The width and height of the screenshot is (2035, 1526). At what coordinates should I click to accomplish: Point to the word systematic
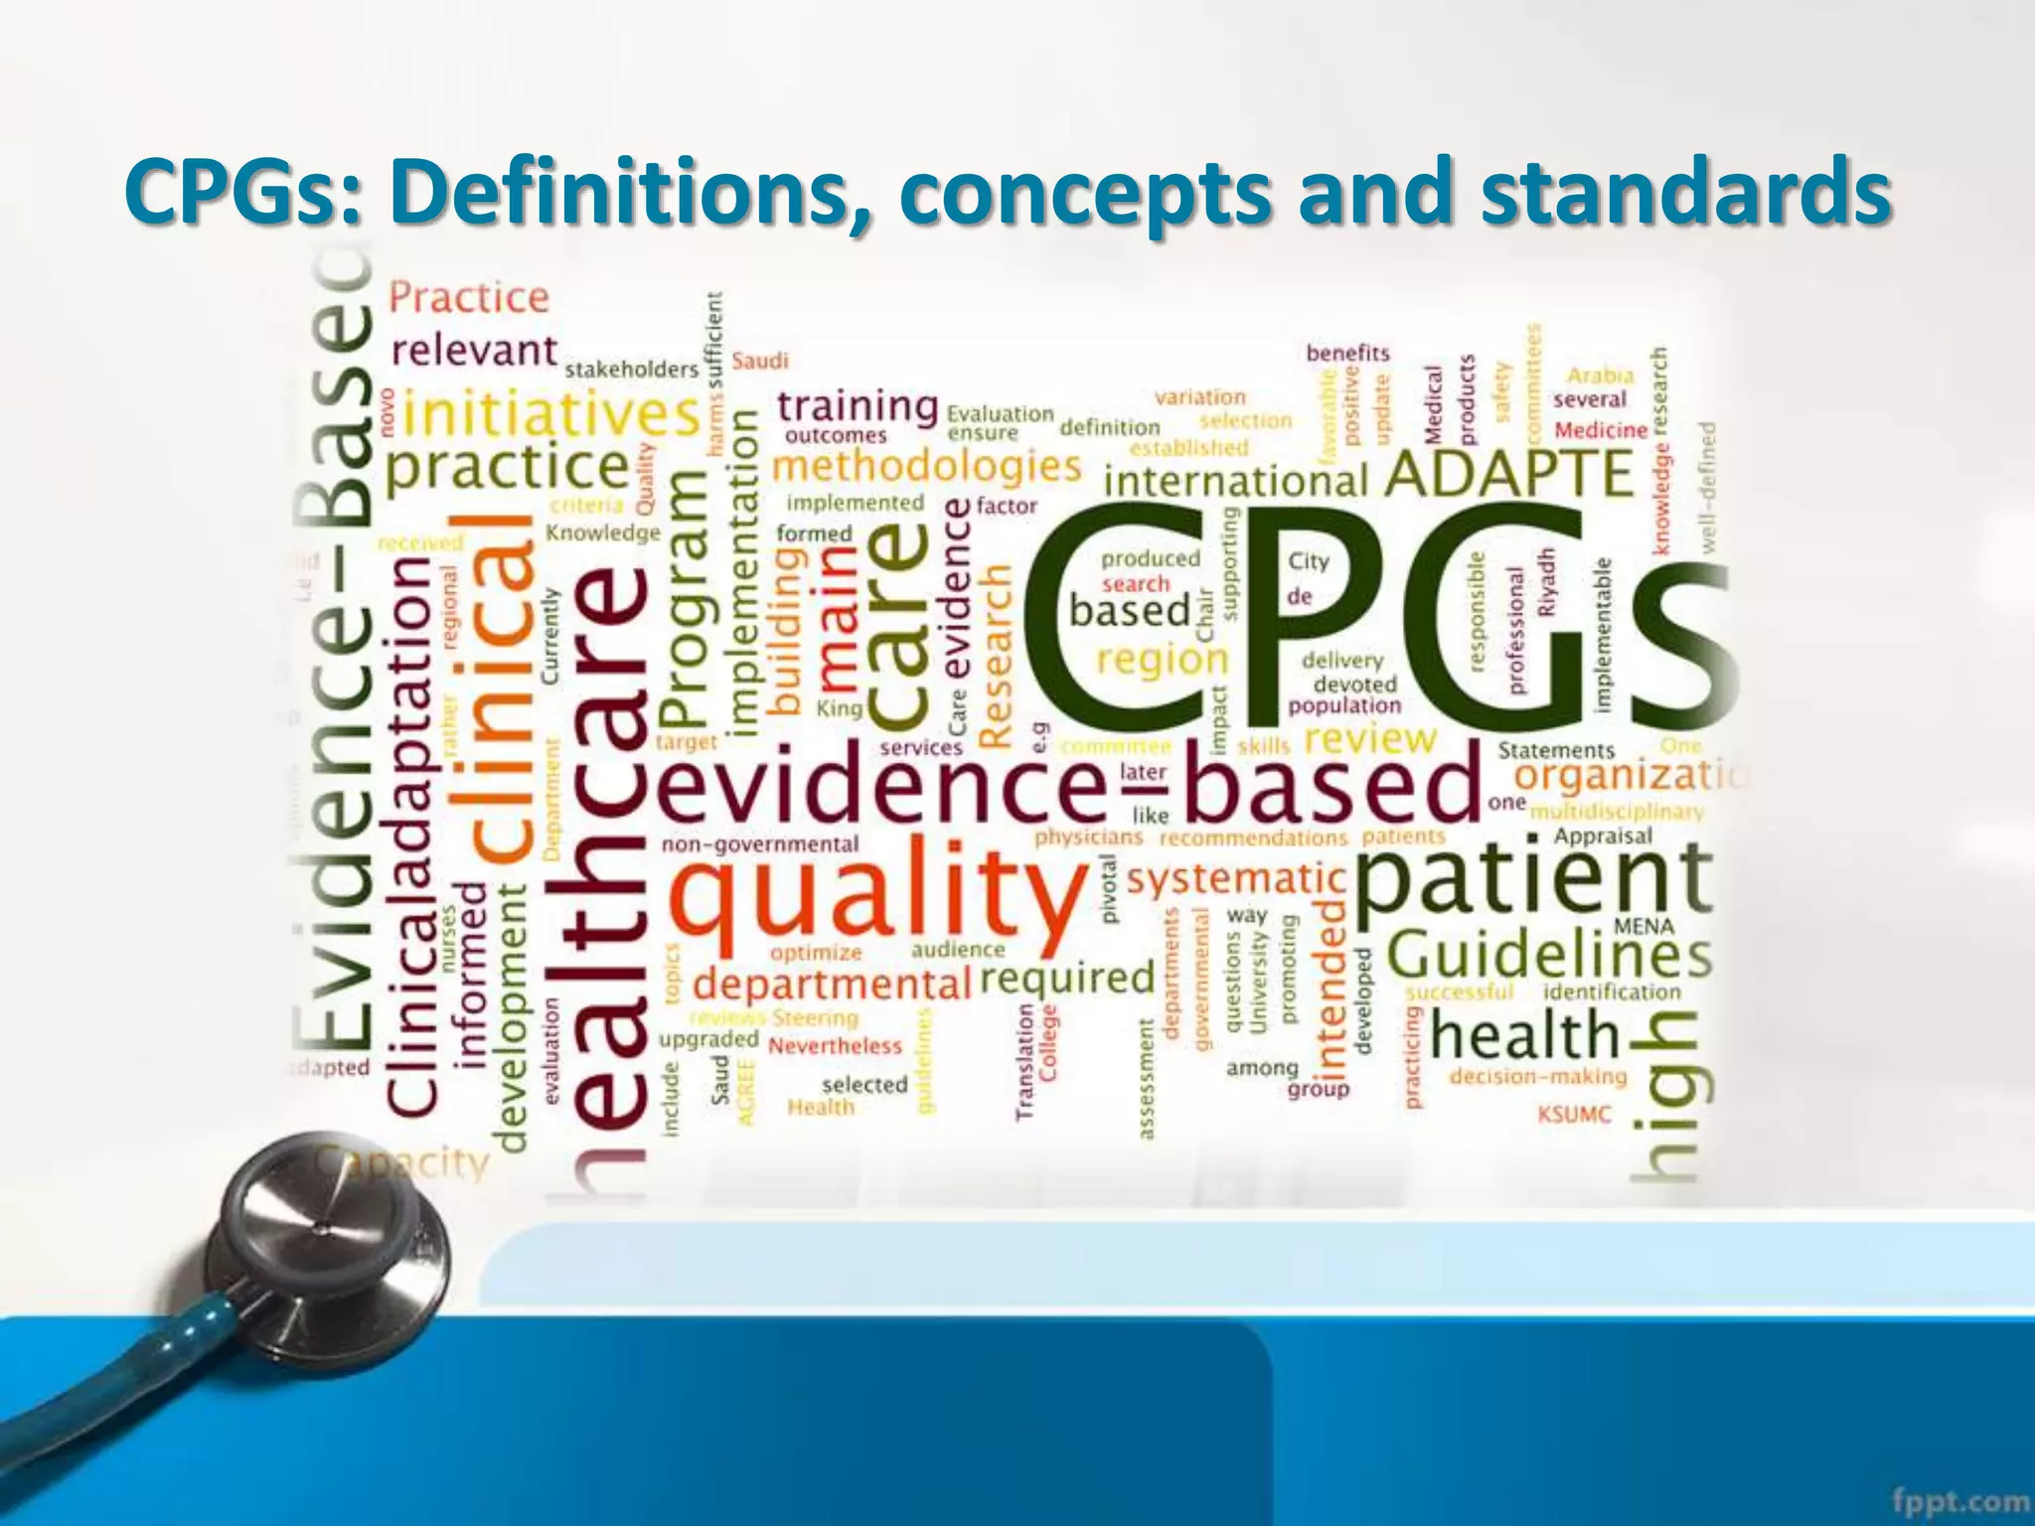click(1236, 879)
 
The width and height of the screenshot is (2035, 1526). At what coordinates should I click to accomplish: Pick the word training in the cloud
click(858, 405)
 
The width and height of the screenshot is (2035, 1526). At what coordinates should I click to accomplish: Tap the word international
click(1236, 482)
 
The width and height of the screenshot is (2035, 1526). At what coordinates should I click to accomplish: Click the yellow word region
click(1163, 661)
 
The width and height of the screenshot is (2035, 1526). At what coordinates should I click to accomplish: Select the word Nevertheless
click(835, 1046)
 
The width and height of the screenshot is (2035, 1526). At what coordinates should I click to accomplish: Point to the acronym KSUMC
click(1574, 1114)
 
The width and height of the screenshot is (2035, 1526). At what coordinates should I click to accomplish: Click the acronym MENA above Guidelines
click(1644, 926)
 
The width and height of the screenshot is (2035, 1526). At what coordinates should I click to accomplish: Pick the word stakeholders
click(632, 370)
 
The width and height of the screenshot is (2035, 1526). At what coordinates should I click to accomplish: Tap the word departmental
click(831, 985)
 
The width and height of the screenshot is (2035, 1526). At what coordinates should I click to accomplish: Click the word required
click(1067, 979)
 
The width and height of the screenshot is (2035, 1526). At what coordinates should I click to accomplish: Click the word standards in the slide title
click(1684, 191)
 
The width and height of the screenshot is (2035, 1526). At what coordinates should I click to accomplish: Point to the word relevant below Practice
click(474, 350)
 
